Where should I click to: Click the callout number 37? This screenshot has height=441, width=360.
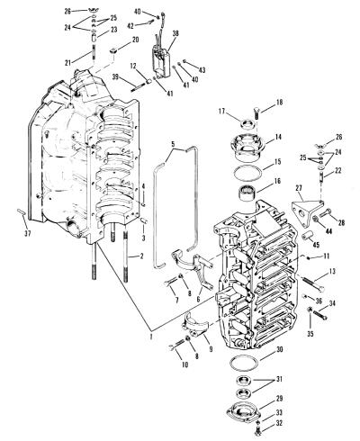(x=27, y=234)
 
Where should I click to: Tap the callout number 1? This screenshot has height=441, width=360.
(x=151, y=337)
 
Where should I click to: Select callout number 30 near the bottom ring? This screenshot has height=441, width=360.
(x=280, y=349)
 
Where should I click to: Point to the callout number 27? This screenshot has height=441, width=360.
(x=299, y=188)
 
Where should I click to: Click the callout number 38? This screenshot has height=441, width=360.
(x=175, y=33)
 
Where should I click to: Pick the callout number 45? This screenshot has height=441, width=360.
(x=316, y=245)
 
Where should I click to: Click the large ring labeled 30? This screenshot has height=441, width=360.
(x=244, y=363)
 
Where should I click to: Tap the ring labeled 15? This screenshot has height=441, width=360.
(x=247, y=173)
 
